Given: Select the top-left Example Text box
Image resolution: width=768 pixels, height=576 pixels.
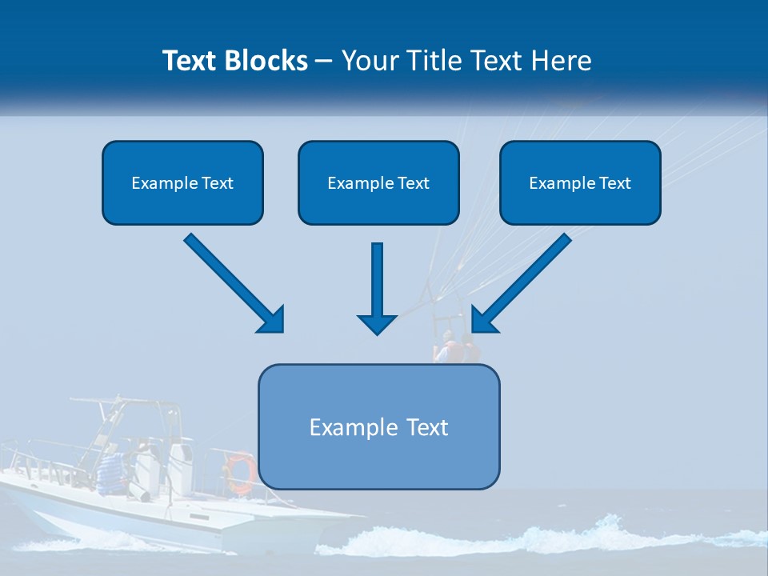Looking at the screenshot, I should [182, 182].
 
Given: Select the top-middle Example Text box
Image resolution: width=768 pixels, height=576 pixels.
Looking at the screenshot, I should [378, 182].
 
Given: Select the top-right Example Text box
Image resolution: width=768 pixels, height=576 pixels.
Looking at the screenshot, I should [580, 182].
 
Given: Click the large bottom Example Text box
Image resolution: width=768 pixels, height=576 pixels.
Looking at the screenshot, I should [378, 426].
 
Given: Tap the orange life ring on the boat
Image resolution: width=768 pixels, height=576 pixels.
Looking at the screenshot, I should [239, 471].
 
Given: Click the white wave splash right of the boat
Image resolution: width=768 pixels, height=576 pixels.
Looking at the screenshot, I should [560, 536].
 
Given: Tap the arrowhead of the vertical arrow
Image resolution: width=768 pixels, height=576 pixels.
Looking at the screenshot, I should [377, 323].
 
